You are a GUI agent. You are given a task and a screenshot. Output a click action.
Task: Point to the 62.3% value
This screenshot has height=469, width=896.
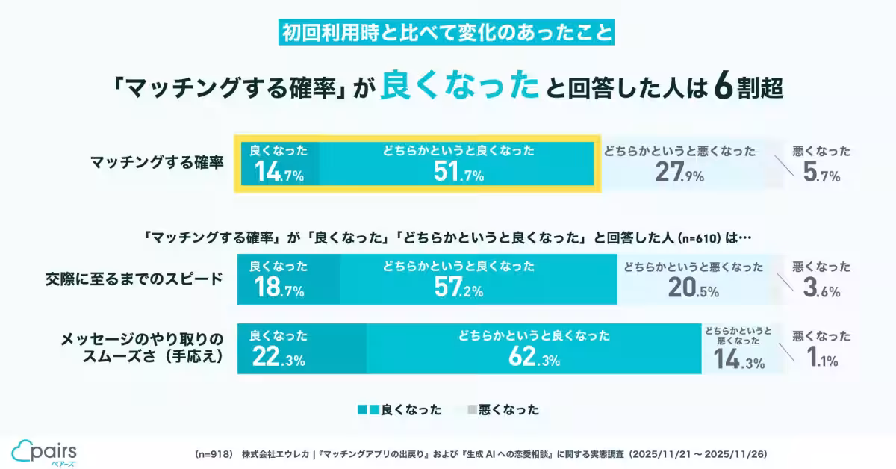533,360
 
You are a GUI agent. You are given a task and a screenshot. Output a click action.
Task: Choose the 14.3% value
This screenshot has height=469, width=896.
738,362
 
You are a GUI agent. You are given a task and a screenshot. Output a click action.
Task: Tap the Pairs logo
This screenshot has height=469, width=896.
44,450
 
